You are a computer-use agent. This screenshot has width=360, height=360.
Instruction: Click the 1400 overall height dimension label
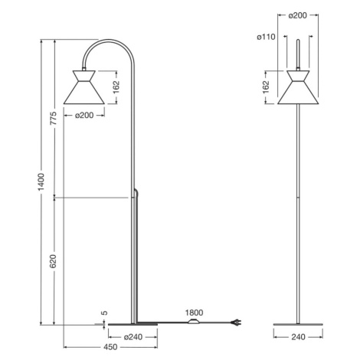[41, 182]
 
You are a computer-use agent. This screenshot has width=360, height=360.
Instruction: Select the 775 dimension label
[54, 118]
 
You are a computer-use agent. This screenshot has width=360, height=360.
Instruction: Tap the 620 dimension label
[53, 261]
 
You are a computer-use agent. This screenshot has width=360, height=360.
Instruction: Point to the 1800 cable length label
[194, 313]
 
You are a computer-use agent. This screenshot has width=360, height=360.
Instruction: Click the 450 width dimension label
[110, 347]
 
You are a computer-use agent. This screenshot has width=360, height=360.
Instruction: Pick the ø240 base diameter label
[133, 337]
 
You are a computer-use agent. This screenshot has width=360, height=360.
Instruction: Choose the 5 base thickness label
[104, 313]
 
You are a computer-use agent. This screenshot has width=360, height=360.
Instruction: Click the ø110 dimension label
[267, 37]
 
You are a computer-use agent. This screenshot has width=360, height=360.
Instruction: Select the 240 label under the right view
[298, 337]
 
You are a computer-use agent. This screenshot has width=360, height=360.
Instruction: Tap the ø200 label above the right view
[298, 15]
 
